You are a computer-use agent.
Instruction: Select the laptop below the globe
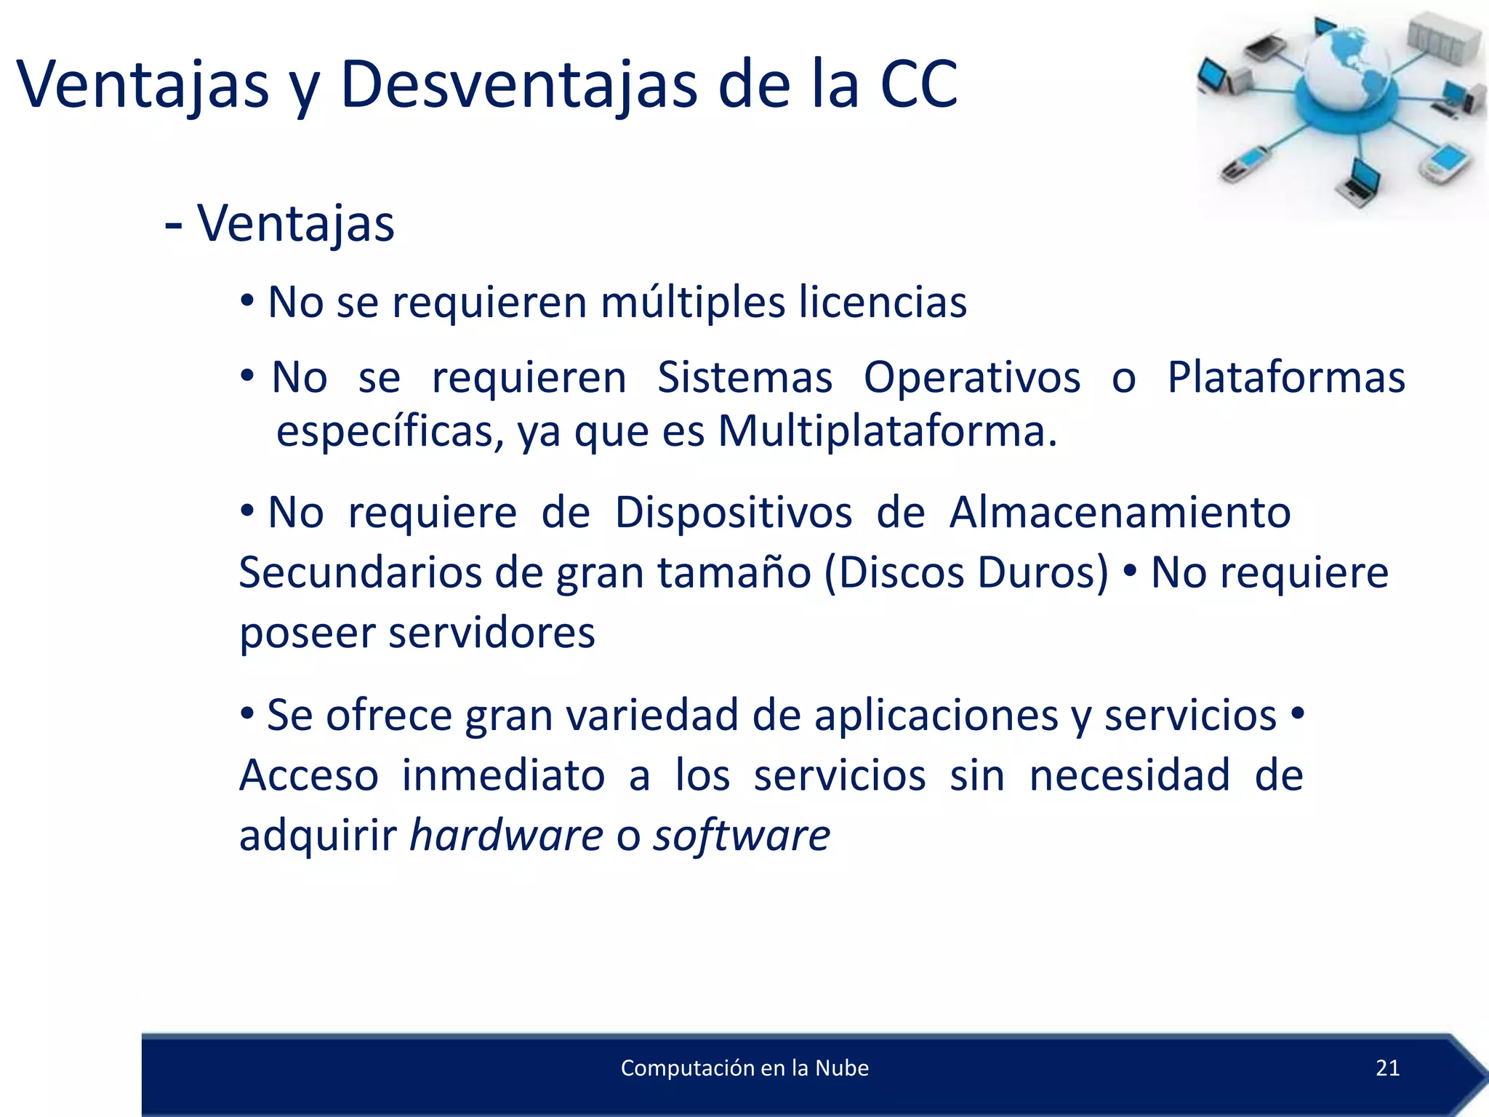pos(1358,182)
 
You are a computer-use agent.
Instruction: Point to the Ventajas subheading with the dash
pos(280,223)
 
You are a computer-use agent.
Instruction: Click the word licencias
pos(883,302)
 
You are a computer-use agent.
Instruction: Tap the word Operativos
pos(971,377)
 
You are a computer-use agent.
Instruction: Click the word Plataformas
pos(1285,377)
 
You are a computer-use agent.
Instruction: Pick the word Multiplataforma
pos(886,431)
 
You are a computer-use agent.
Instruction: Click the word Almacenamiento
pos(1120,512)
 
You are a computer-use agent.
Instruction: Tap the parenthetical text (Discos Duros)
pos(966,572)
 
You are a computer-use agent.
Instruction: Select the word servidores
pos(491,632)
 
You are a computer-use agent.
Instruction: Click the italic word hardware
pos(506,835)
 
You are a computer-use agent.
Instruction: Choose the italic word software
pos(741,835)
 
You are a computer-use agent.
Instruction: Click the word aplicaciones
pos(936,715)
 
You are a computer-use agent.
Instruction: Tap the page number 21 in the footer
pos(1387,1068)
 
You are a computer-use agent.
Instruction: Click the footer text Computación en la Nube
pos(744,1068)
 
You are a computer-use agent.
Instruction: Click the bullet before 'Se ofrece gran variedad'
pos(247,715)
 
